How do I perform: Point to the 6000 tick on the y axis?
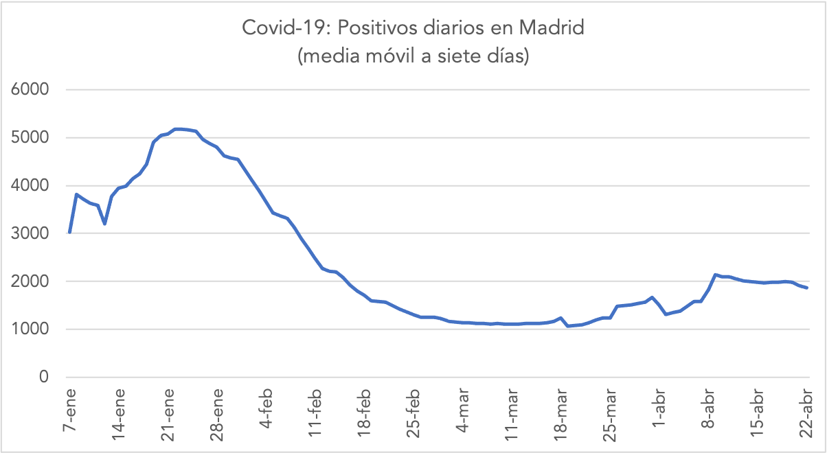[x=29, y=90]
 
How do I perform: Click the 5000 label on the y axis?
[x=29, y=138]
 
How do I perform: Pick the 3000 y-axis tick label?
[x=29, y=233]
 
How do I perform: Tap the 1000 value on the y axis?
[x=29, y=329]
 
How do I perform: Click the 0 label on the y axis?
[x=44, y=377]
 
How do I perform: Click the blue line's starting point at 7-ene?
[x=70, y=232]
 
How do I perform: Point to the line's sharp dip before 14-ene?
[x=104, y=224]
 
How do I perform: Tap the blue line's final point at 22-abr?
[x=807, y=288]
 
